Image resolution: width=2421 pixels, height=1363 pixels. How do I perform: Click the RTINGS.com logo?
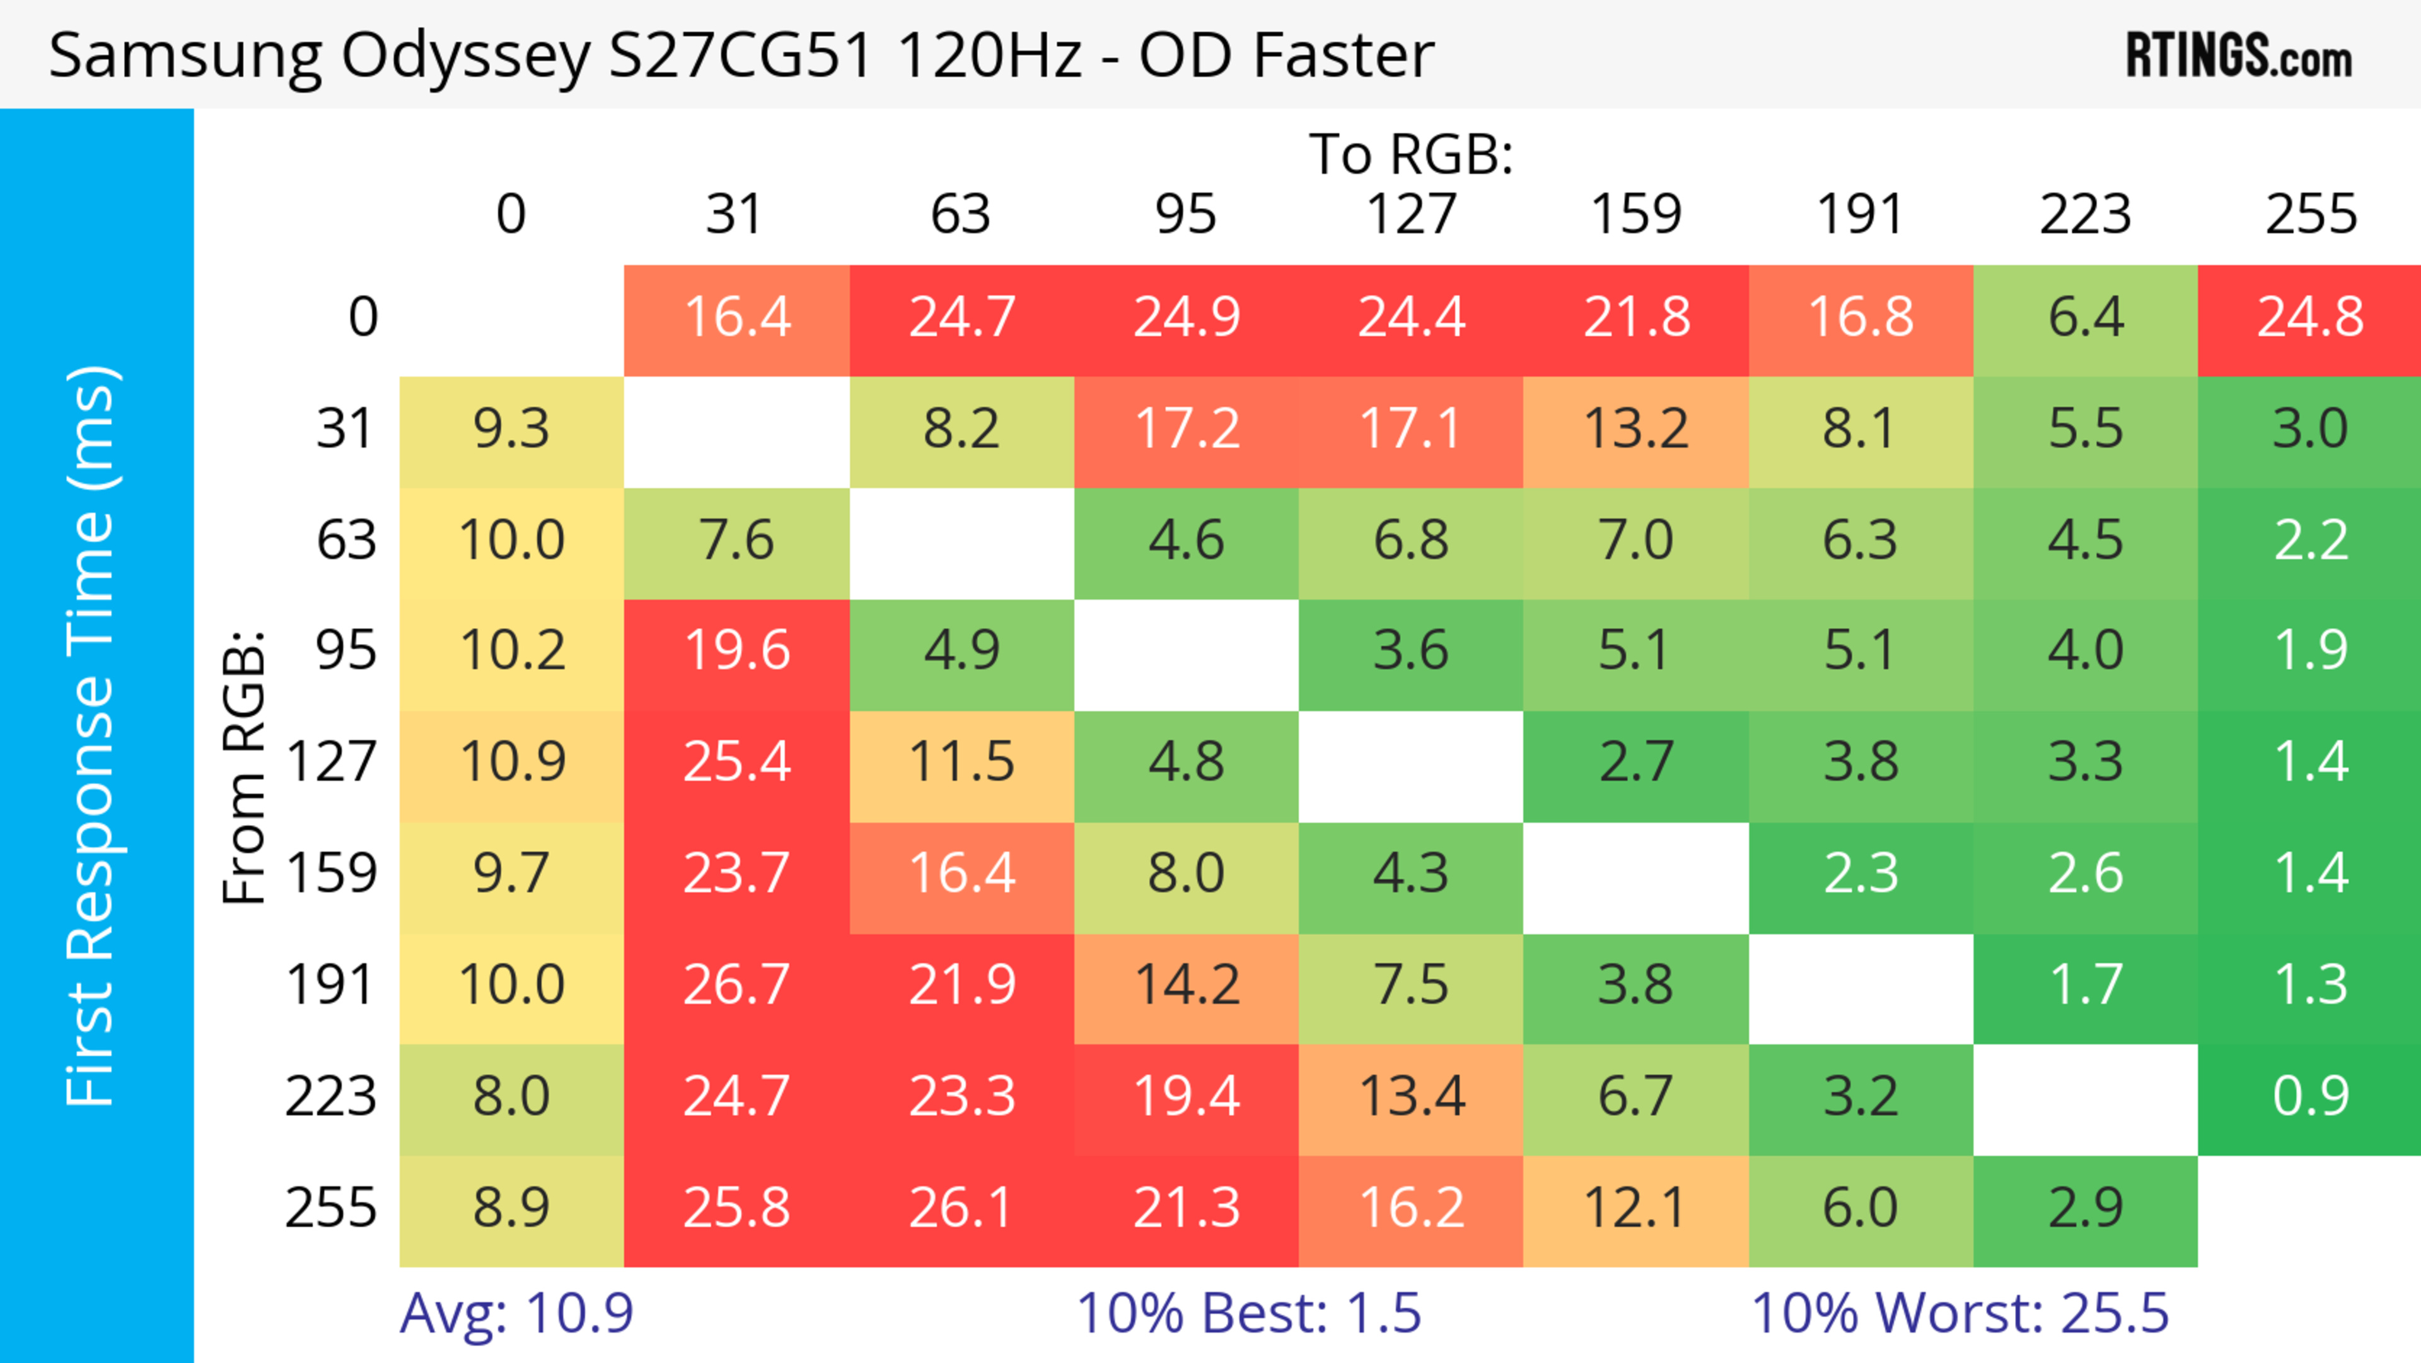click(x=2239, y=56)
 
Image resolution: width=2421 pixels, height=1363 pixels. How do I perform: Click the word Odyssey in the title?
click(x=465, y=56)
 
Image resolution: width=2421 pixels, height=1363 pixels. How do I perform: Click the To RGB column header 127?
click(x=1411, y=214)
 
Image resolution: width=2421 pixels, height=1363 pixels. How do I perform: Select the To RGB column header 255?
click(x=2310, y=214)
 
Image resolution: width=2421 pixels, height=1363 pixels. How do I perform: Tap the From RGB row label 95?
click(x=346, y=650)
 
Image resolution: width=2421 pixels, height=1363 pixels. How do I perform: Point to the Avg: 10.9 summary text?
click(x=516, y=1313)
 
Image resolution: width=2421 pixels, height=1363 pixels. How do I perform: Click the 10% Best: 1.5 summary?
click(x=1248, y=1313)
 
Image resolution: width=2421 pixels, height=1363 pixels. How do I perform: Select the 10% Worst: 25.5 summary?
click(x=1959, y=1313)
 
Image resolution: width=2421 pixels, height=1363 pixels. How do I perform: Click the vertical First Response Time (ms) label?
click(x=91, y=735)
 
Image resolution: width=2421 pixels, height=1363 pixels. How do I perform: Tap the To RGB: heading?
click(x=1411, y=154)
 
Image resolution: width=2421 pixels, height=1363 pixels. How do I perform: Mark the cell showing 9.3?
click(x=511, y=430)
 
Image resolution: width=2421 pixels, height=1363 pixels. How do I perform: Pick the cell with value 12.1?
click(x=1635, y=1208)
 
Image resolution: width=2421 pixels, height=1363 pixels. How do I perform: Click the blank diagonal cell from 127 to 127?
click(x=1411, y=766)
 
